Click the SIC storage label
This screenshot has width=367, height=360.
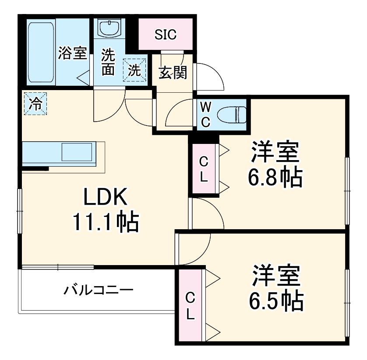pos(165,35)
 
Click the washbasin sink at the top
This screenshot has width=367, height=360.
pos(109,28)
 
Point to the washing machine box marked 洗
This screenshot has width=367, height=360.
pos(135,70)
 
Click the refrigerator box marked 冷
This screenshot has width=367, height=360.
pos(35,104)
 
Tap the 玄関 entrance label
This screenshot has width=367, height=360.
pos(173,73)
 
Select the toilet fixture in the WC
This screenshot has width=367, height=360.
pos(233,115)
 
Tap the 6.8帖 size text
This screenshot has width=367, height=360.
pos(275,177)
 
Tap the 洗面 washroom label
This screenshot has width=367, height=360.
pos(109,62)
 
